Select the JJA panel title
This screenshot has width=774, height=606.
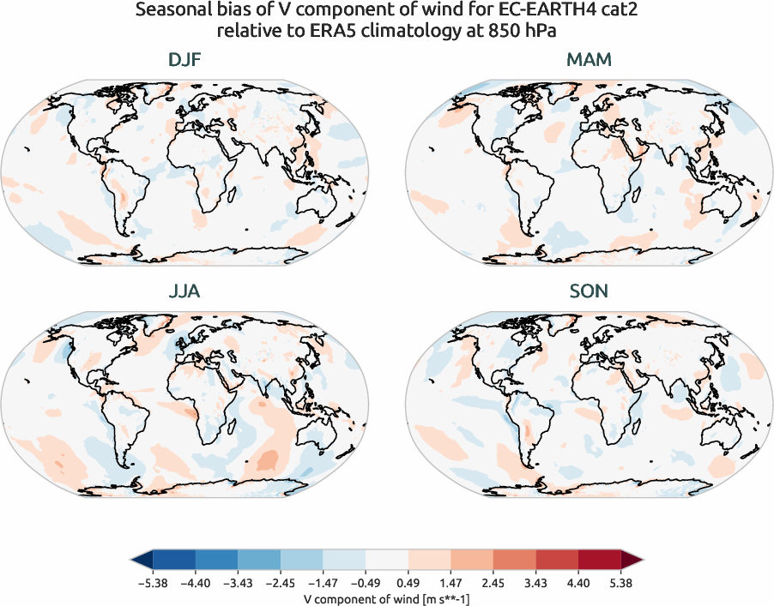point(184,291)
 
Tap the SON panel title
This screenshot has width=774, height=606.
point(589,291)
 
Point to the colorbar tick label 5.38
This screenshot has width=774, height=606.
point(620,583)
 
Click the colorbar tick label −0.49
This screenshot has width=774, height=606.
point(366,583)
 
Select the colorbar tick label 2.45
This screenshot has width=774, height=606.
point(493,583)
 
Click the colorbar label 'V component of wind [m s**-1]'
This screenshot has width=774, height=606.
point(386,598)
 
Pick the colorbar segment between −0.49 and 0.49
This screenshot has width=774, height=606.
point(386,561)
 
